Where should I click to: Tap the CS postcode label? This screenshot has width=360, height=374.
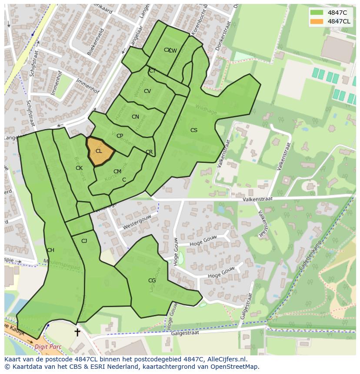pos(194,130)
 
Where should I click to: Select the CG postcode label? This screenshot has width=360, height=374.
pos(152,281)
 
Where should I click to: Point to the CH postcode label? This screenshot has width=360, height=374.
pos(50,250)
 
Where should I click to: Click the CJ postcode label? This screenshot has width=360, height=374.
pos(84,241)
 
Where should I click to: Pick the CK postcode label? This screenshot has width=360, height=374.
pos(79,168)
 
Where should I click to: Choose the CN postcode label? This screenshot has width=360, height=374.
pos(135,117)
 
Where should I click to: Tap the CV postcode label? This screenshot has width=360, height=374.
pos(147,91)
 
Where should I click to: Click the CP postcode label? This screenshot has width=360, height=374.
pos(120,136)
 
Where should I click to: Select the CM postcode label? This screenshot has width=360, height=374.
pos(117,172)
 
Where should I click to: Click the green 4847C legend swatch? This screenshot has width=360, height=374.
pos(317,13)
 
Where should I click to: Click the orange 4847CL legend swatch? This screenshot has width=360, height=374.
pos(317,21)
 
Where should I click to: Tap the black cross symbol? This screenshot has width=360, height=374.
pos(77,332)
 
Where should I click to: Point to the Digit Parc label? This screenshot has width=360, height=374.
pos(48,347)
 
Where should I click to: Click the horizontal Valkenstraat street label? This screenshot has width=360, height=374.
pos(258,199)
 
